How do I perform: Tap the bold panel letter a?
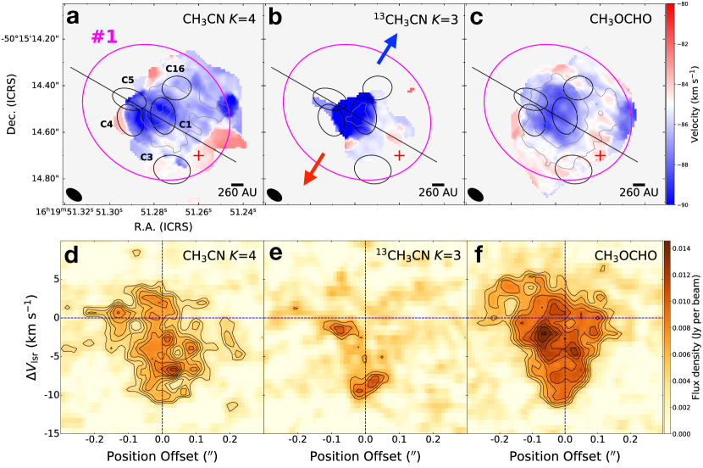[x=74, y=17]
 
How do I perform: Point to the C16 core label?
[x=175, y=69]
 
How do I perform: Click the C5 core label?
[x=128, y=80]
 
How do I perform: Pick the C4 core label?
[x=107, y=125]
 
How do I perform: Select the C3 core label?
[x=146, y=157]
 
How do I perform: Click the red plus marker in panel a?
[x=198, y=155]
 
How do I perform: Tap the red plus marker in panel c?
[x=600, y=155]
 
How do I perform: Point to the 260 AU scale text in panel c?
[x=639, y=193]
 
